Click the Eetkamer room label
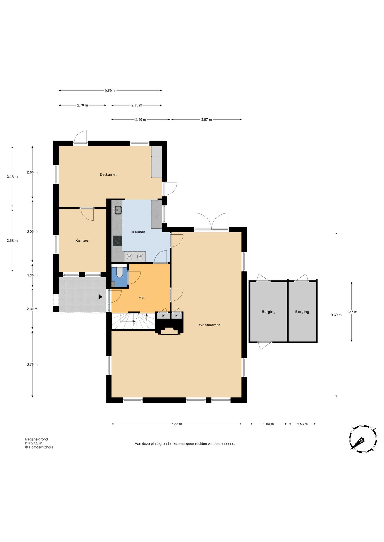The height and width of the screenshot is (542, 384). point(108,174)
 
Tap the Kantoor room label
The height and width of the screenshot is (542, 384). point(83,241)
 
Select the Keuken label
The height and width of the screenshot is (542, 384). point(139,232)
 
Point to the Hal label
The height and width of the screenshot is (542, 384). point(142,297)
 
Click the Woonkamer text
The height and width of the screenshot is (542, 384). point(209,325)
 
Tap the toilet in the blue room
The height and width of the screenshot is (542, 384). point(119,271)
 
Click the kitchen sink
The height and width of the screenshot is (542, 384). point(118,210)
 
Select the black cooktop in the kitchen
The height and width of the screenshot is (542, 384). point(117,241)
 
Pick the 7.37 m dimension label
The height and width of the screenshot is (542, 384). point(176,424)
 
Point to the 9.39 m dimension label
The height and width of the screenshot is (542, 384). point(336,315)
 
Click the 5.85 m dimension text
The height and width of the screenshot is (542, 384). point(110,91)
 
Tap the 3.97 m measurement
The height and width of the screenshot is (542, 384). point(206,120)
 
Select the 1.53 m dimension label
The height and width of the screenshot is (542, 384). point(302,424)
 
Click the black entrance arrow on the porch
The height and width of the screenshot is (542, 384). point(100,297)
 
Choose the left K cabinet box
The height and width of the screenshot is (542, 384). point(163,316)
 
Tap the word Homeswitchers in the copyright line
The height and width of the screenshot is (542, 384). point(41,447)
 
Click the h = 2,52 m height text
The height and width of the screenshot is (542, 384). point(34,443)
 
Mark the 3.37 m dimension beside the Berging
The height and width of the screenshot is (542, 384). point(352,312)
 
